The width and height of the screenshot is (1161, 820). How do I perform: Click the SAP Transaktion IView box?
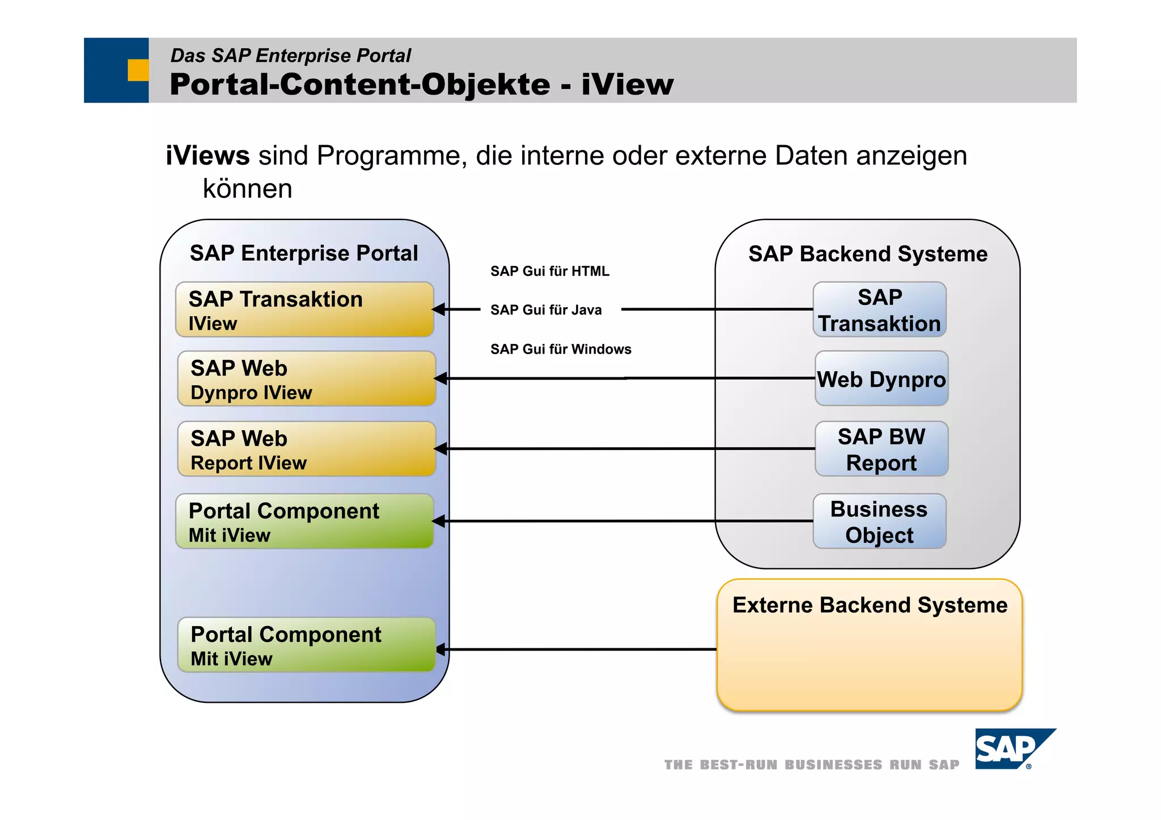point(304,309)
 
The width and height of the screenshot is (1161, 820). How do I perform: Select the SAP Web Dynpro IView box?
point(306,379)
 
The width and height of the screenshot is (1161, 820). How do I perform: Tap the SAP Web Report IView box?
point(306,449)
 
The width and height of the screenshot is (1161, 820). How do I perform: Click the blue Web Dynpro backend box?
point(881,379)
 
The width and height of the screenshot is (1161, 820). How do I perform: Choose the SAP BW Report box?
point(881,449)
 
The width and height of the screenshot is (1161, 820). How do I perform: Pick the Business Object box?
point(879,521)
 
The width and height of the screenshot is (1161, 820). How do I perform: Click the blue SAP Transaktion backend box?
point(879,309)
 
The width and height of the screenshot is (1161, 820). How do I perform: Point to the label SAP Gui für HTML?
point(549,271)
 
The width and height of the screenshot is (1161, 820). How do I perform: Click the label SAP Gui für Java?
point(545,310)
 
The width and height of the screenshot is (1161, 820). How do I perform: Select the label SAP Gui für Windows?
point(560,349)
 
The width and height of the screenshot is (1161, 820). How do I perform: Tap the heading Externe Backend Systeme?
point(870,605)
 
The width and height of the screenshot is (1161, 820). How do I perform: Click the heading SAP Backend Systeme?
point(867,254)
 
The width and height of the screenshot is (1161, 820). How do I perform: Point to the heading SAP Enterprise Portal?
point(304,253)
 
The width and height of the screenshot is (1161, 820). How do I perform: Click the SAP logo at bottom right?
point(1014,749)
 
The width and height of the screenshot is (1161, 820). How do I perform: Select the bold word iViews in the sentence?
point(207,156)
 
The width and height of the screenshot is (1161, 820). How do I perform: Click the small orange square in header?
point(138,70)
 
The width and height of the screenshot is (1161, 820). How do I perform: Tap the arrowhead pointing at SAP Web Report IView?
point(440,449)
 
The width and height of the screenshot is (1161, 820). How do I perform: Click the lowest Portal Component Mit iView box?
point(306,645)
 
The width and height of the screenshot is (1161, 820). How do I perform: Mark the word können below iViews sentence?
point(247,189)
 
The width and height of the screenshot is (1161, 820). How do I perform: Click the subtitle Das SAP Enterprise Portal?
point(290,56)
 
